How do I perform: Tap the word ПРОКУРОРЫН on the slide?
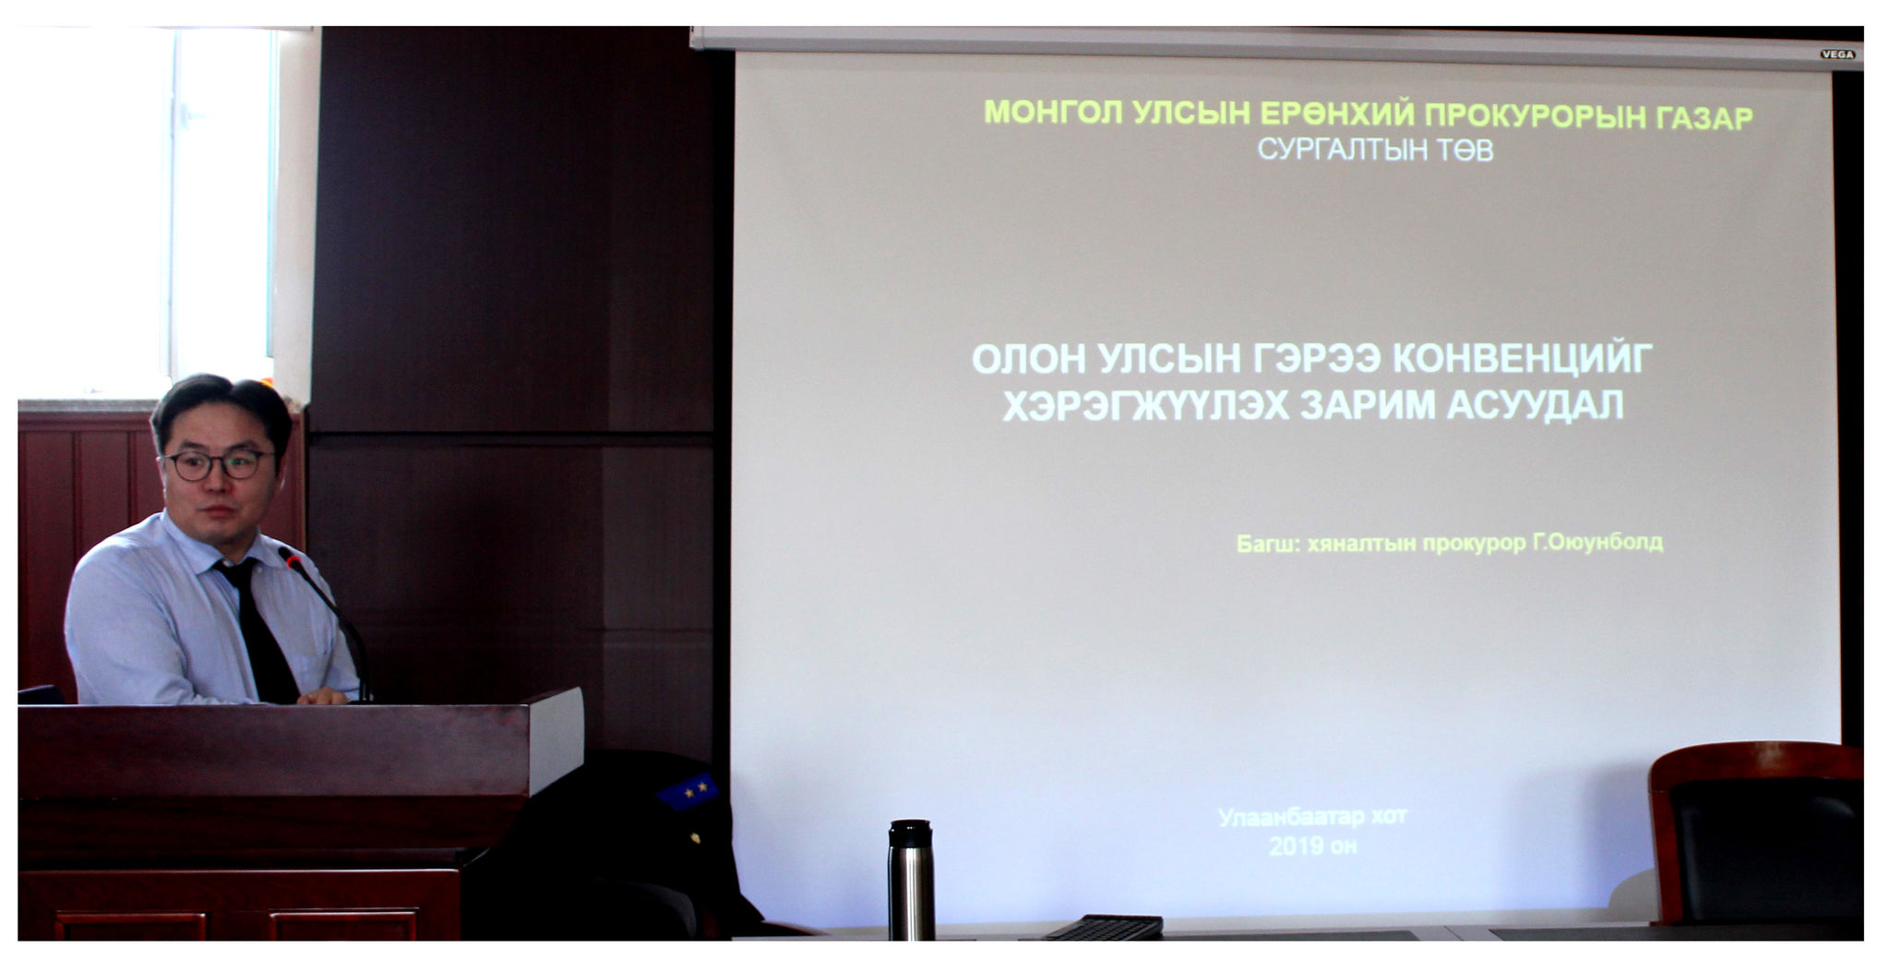coord(1528,116)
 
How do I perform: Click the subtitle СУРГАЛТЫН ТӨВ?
coord(1375,150)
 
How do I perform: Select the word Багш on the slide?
coord(1268,544)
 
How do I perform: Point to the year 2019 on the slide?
coord(1294,846)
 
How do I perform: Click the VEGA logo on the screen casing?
coord(1837,54)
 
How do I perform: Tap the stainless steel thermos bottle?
coord(911,880)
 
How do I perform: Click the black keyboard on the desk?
coord(1104,927)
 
